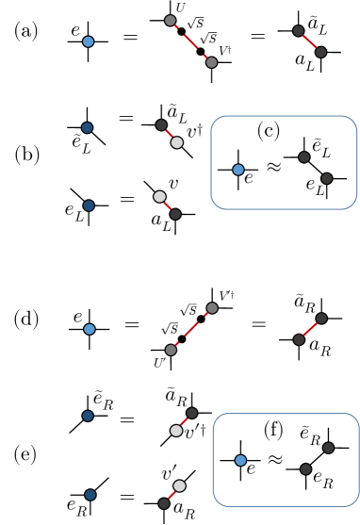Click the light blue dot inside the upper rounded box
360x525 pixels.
point(237,170)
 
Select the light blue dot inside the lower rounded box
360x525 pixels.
point(240,460)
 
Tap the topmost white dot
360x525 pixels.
point(176,142)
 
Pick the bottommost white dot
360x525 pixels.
point(179,486)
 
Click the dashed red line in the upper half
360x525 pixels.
point(190,41)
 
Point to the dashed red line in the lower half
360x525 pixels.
point(191,329)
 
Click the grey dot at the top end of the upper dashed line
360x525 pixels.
point(170,20)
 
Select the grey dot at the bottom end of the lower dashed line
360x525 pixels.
point(171,350)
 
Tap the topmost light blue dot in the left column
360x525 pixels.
point(88,41)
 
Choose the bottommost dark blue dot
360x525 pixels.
point(90,495)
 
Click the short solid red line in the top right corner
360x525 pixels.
point(309,41)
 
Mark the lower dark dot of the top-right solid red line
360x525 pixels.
point(320,52)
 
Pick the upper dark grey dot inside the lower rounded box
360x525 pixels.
point(328,448)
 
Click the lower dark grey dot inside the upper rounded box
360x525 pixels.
point(326,178)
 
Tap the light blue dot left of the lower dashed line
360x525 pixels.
point(89,329)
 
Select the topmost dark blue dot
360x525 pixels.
point(87,127)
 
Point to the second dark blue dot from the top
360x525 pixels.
point(88,205)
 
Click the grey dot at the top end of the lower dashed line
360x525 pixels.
point(212,308)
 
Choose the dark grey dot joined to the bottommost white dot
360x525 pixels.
point(164,503)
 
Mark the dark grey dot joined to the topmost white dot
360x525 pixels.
point(161,124)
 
